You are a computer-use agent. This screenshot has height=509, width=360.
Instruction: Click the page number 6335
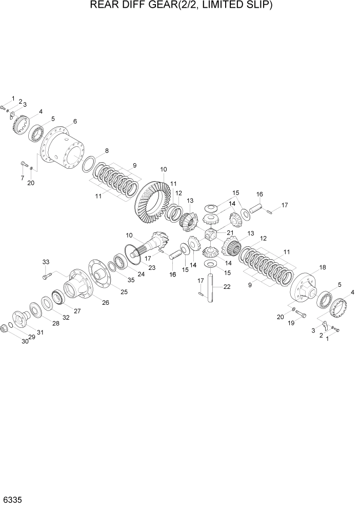13,499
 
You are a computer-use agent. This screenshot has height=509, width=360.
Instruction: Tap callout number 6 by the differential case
75,122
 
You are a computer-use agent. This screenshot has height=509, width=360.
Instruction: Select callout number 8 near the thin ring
107,151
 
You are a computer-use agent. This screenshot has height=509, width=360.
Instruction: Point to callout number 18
323,267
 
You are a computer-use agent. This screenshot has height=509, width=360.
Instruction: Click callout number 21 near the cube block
230,232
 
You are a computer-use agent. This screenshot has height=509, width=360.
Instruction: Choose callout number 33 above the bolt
46,262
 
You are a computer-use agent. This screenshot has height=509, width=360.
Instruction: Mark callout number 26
106,302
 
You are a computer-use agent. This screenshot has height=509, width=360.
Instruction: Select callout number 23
152,268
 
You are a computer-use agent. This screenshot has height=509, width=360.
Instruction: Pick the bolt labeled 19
301,313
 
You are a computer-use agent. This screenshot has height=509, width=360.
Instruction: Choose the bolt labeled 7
24,164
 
